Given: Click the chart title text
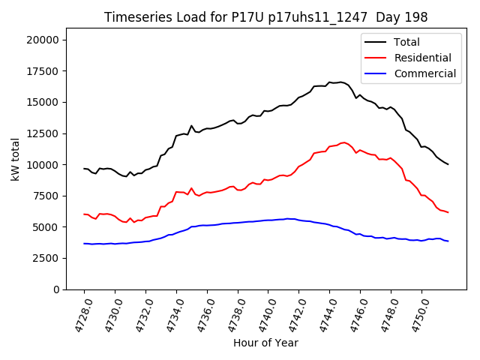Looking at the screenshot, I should pos(266,17).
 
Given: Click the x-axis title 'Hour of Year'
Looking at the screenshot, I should pos(266,343).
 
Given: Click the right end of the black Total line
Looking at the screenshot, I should pos(448,164).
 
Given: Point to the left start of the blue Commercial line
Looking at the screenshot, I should pos(84,244).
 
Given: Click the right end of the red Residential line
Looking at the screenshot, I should pos(448,212).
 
